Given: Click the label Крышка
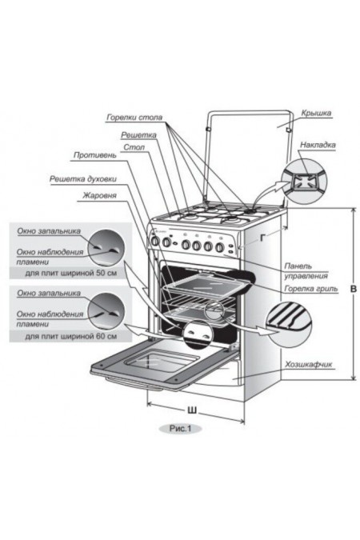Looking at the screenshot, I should click(317, 114).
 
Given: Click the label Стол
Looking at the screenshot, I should click(133, 148).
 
